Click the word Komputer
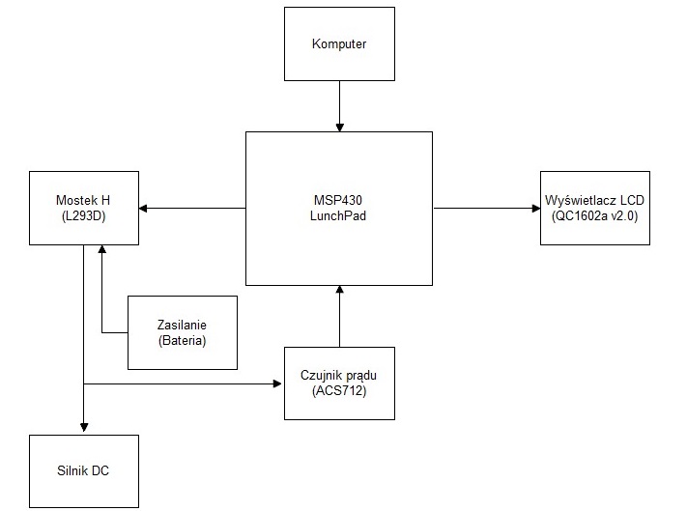pos(339,44)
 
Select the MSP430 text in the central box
pos(338,200)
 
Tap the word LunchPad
pos(338,215)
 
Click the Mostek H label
pos(83,200)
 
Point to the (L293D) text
pos(84,215)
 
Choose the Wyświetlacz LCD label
pos(594,200)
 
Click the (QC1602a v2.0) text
pos(594,215)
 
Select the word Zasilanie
pos(182,325)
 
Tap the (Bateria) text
pos(183,341)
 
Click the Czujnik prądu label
pos(339,376)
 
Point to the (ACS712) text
pos(339,390)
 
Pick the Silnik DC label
pos(83,470)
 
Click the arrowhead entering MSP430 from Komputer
pos(339,127)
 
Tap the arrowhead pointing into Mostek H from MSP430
pos(143,209)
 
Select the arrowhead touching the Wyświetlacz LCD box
pos(536,209)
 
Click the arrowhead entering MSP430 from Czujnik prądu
pos(339,290)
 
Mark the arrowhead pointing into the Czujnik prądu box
pos(277,384)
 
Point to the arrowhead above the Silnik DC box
pos(84,427)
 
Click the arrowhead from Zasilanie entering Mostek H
pos(102,249)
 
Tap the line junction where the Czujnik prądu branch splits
pos(84,384)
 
